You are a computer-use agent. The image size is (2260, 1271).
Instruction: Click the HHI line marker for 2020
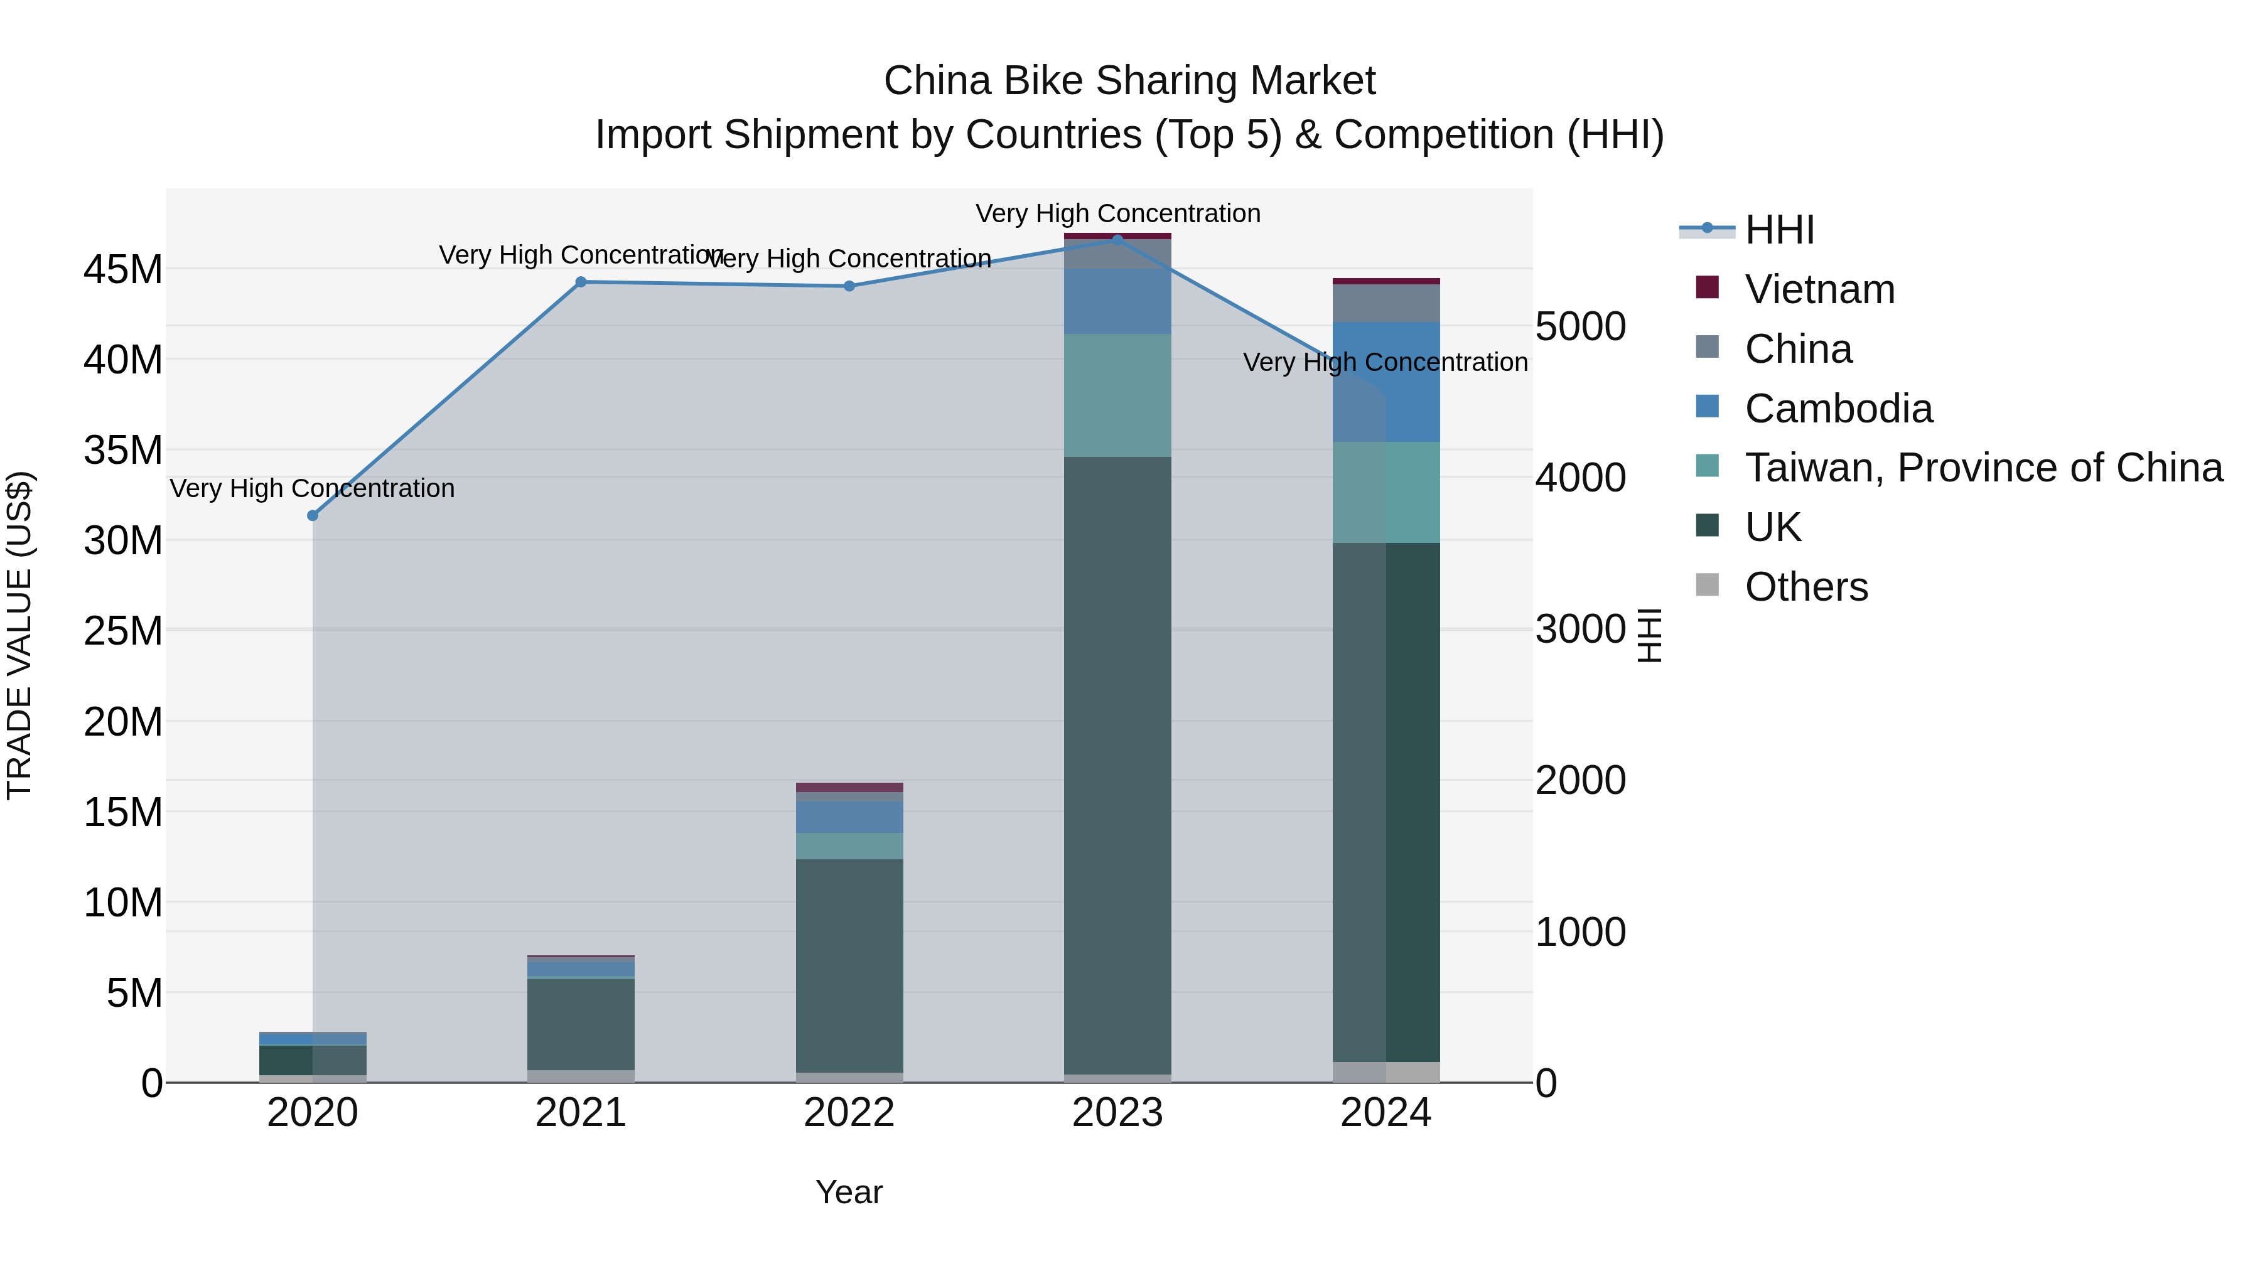313,516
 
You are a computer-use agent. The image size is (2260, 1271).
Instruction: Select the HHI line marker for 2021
581,282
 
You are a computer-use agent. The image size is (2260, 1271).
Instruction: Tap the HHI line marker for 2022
849,286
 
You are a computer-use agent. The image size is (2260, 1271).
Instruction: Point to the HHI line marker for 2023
1117,240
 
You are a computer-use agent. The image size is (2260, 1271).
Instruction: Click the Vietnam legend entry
1819,289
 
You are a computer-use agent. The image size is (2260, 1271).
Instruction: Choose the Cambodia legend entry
1838,409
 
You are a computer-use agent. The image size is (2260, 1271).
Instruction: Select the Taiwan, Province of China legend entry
1983,468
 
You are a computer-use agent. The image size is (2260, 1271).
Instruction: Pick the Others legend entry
1805,587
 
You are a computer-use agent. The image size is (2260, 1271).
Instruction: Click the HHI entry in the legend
1779,230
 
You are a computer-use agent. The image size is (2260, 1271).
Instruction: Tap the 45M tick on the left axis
123,269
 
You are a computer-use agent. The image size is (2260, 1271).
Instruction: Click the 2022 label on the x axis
849,1113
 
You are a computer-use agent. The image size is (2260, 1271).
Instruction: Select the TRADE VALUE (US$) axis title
19,635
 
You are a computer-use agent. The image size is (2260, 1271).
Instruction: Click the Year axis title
849,1192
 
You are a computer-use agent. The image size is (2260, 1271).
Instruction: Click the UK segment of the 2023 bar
1117,763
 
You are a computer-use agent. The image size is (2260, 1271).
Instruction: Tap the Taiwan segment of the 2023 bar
1117,395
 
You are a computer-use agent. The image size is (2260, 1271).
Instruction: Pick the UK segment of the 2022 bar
849,965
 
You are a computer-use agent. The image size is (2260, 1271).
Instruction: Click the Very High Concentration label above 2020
313,488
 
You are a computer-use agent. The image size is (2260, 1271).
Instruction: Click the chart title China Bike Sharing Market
1129,81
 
